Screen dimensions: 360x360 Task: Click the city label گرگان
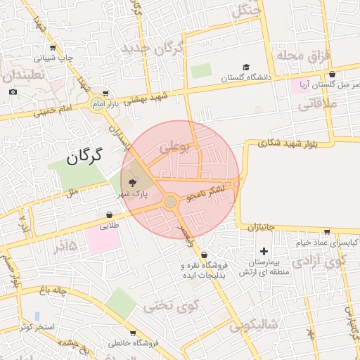[x=84, y=155]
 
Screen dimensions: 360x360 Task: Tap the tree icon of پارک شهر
[x=135, y=184]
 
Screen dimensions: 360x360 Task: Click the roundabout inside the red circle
[x=170, y=202]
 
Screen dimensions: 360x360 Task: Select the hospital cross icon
[x=264, y=251]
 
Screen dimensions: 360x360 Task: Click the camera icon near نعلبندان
[x=13, y=92]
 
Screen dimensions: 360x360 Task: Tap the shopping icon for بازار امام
[x=105, y=93]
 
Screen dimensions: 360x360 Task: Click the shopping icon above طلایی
[x=110, y=214]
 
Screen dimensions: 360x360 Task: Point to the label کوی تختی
[x=171, y=307]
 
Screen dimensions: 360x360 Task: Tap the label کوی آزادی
[x=321, y=262]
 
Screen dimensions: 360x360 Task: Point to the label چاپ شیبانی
[x=75, y=58]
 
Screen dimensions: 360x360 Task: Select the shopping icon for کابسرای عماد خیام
[x=327, y=231]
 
